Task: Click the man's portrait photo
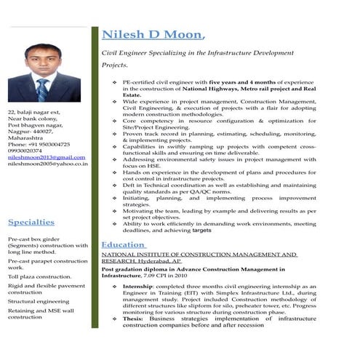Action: point(44,73)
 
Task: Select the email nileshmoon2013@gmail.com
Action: point(47,157)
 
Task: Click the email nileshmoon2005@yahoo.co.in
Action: point(48,164)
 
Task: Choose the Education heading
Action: point(123,245)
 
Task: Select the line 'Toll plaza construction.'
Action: point(39,277)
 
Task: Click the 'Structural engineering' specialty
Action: point(39,300)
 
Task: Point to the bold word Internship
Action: point(139,288)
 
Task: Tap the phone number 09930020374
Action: point(27,151)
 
